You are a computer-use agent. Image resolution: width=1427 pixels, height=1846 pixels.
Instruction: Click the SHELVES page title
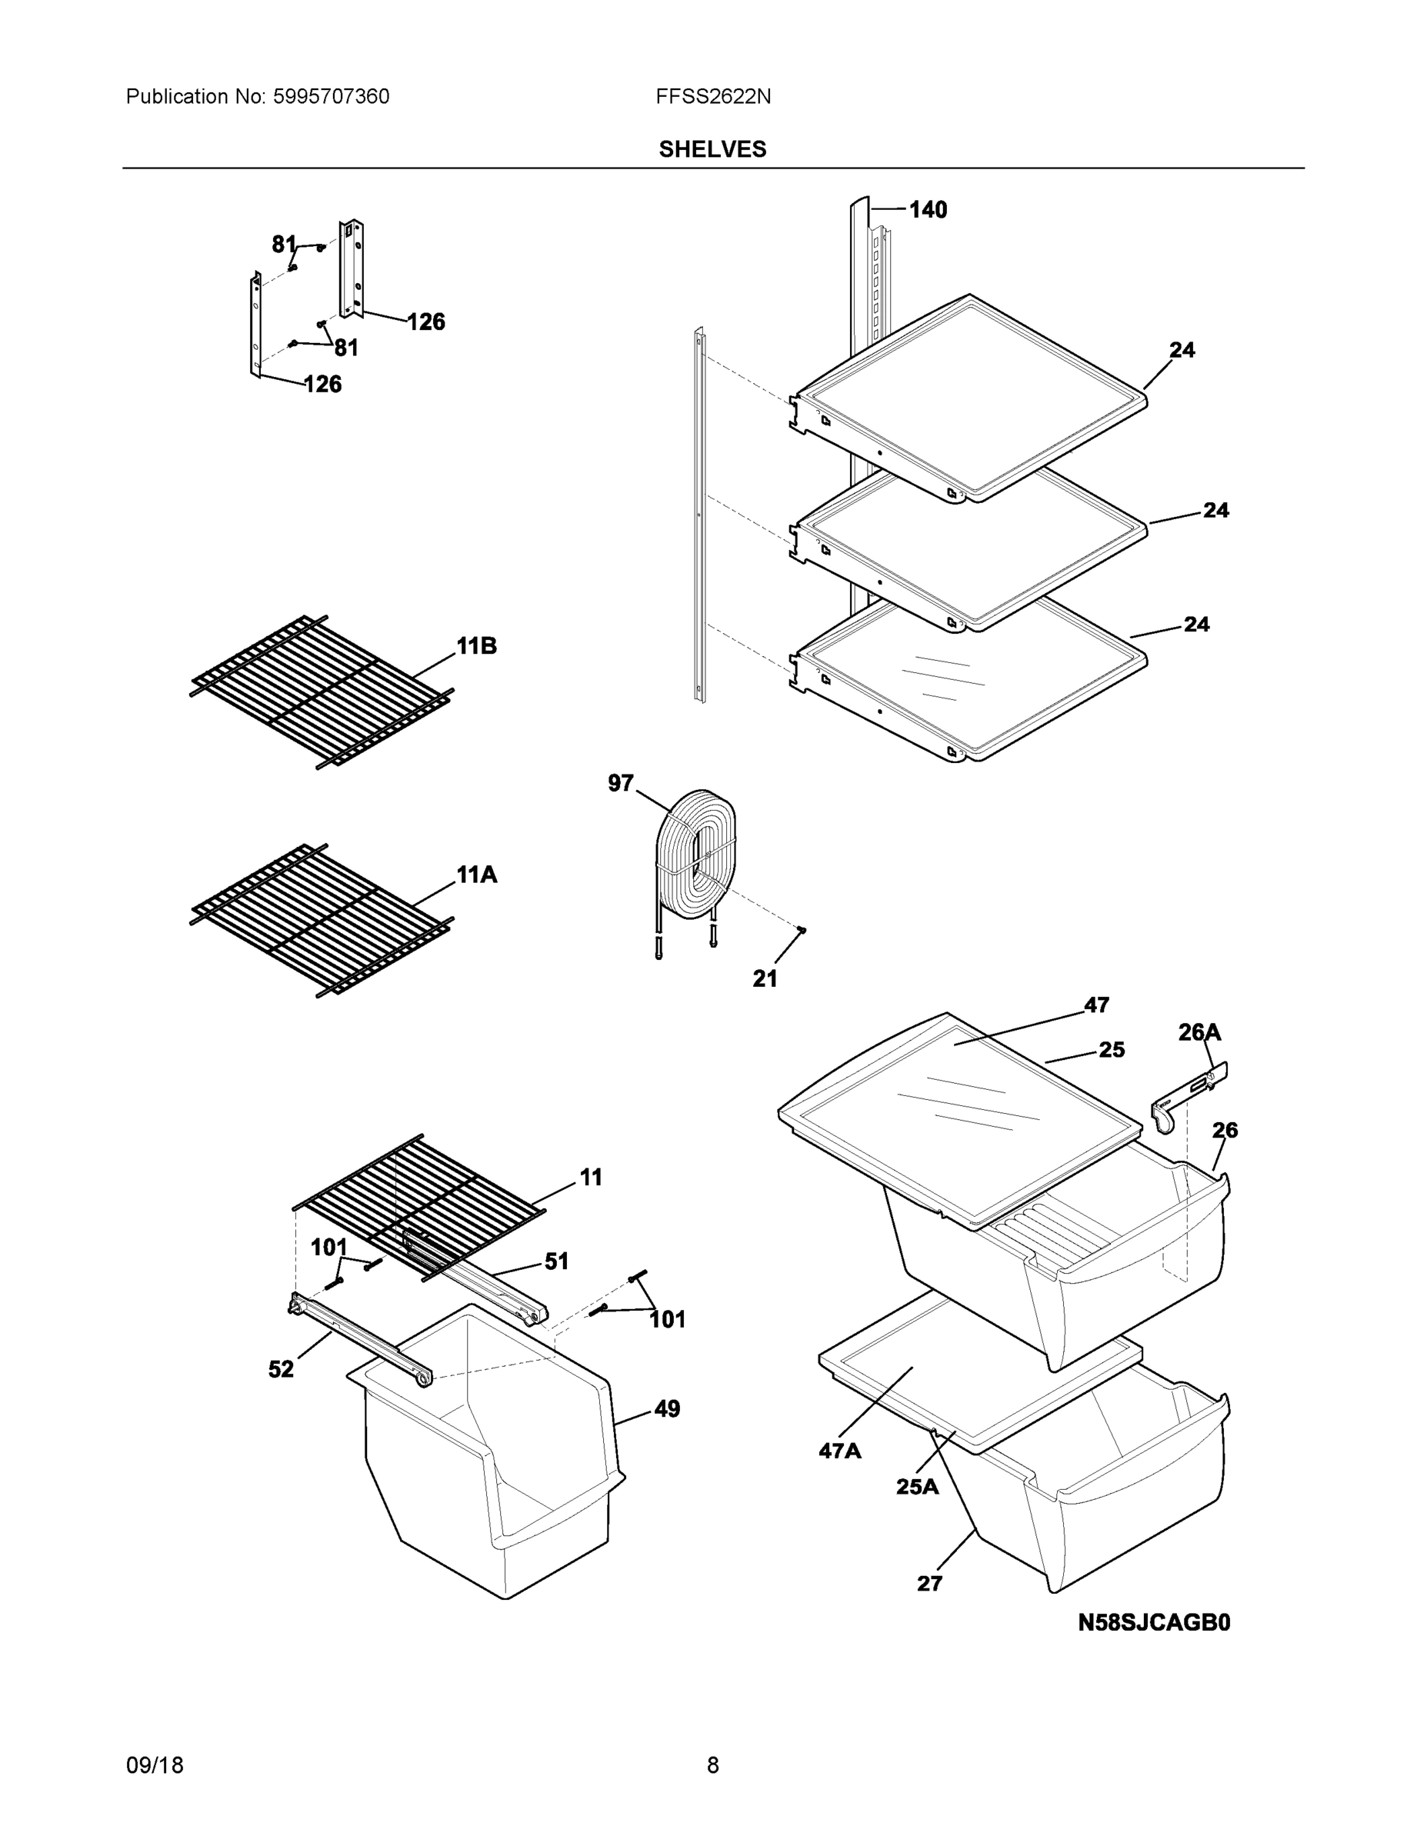[x=712, y=150]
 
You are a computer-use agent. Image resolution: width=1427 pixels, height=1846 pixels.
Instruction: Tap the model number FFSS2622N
[x=712, y=97]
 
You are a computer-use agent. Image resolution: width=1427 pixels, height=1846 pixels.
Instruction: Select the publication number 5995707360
[x=331, y=97]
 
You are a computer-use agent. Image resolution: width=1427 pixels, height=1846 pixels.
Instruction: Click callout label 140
[x=928, y=210]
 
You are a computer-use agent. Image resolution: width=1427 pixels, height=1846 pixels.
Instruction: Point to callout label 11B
[x=476, y=647]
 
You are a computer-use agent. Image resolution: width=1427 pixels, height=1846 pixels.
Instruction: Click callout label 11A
[x=476, y=875]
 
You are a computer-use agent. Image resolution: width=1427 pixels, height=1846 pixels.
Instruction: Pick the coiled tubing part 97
[x=695, y=858]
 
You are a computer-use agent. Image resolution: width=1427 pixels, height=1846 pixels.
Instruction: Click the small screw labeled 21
[x=802, y=930]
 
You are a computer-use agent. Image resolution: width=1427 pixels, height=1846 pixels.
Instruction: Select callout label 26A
[x=1199, y=1032]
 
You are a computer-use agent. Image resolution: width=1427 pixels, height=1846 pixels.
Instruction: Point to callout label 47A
[x=839, y=1451]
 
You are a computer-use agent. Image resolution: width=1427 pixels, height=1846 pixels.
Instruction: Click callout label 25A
[x=917, y=1487]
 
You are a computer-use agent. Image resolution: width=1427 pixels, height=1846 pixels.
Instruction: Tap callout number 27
[x=929, y=1584]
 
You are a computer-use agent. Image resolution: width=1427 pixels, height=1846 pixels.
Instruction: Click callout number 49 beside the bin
[x=666, y=1409]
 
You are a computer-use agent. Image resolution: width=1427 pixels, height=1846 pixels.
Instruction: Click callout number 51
[x=555, y=1262]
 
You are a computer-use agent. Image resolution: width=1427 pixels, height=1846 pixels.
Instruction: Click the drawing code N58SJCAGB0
[x=1153, y=1623]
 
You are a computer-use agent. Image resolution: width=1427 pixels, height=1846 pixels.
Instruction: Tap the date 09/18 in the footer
[x=155, y=1766]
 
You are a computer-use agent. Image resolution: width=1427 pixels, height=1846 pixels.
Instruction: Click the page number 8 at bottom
[x=712, y=1766]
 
